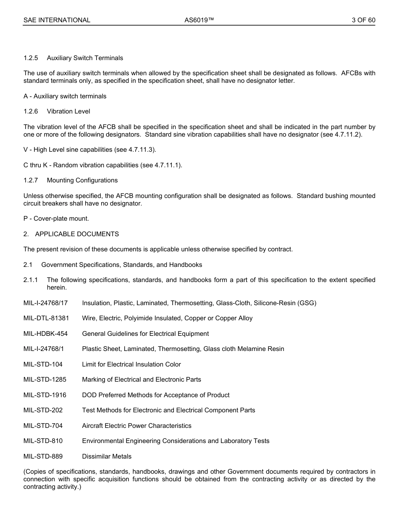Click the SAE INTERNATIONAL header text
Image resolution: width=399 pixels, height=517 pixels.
(57, 20)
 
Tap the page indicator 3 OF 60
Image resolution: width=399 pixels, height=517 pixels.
(363, 20)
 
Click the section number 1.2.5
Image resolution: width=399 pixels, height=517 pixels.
(31, 58)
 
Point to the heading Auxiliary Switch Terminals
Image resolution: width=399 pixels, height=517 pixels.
(85, 58)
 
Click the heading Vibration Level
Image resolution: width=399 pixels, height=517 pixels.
(68, 111)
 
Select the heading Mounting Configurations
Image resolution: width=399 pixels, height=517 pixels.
(82, 180)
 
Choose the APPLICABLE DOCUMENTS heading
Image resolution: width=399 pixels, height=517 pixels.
(77, 234)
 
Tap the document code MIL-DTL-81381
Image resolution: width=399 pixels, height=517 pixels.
(46, 318)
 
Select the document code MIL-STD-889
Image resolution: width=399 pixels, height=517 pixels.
(43, 456)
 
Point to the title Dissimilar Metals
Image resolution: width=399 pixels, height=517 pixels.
(107, 456)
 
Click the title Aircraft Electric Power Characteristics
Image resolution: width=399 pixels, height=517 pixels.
(136, 426)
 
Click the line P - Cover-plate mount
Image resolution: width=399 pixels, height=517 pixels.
(56, 219)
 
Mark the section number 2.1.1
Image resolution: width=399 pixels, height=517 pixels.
(31, 280)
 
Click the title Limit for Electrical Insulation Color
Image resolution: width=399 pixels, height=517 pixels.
(131, 364)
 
